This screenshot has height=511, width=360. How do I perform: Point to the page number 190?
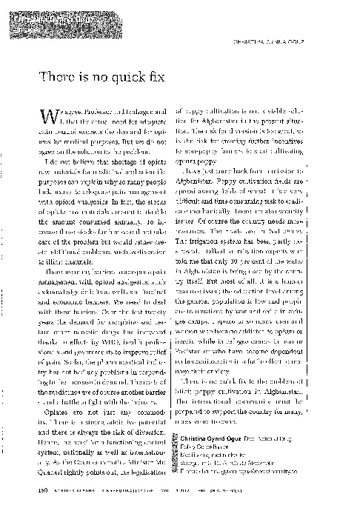point(42,490)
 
